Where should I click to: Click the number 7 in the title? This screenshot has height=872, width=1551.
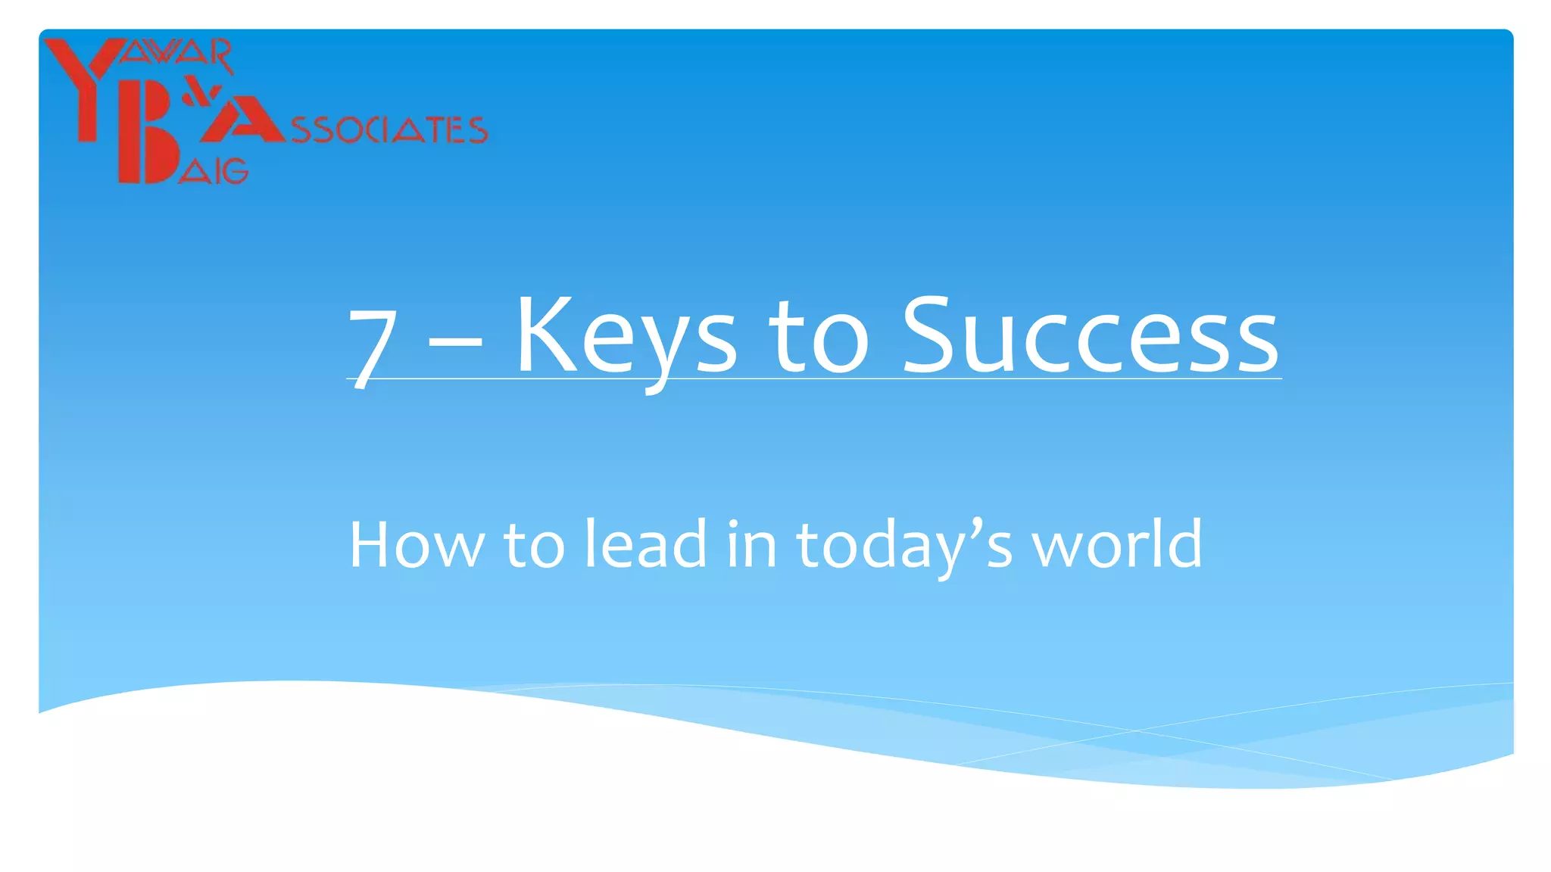373,347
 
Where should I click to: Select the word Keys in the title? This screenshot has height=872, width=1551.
626,337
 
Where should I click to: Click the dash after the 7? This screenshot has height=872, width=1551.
455,341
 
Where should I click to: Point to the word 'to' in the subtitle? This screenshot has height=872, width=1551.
534,545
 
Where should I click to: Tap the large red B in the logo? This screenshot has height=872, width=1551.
148,151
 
